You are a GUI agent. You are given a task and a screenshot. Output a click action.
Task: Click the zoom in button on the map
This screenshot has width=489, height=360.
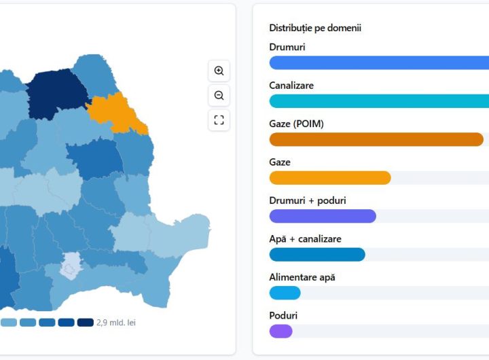(219, 71)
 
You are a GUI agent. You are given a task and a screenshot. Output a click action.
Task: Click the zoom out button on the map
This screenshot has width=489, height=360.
(219, 95)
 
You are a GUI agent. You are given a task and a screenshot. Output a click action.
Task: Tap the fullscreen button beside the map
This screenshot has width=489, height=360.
(219, 120)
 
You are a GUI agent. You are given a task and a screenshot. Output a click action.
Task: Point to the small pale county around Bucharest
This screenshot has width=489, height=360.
(70, 266)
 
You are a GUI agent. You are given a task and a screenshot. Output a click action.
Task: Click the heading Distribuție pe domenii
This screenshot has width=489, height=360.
(315, 28)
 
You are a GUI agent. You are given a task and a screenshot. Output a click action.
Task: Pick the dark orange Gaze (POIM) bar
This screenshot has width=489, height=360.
(376, 139)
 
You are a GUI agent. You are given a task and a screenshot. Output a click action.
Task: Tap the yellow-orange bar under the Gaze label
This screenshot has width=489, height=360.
(330, 178)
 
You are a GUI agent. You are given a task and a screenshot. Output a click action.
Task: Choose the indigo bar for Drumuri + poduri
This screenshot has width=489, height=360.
(323, 216)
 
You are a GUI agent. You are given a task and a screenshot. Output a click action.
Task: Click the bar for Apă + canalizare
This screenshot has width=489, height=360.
(317, 255)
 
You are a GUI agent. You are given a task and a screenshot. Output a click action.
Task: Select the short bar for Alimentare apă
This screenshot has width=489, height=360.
(285, 293)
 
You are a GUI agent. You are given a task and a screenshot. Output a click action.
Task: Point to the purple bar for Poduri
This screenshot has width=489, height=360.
(280, 331)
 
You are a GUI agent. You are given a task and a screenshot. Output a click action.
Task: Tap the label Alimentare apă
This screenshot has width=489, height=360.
(302, 277)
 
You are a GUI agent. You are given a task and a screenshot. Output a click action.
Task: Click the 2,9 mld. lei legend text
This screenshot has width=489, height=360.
(116, 323)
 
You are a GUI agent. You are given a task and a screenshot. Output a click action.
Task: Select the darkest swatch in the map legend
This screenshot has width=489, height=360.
(86, 323)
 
